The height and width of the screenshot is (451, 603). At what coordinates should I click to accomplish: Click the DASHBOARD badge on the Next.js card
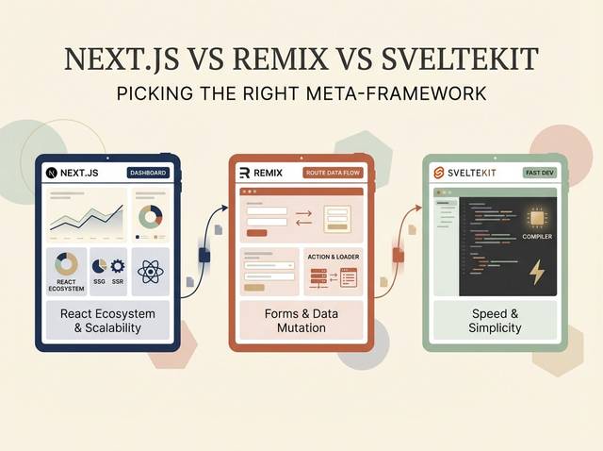148,173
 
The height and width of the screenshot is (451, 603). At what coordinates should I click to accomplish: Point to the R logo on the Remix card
244,173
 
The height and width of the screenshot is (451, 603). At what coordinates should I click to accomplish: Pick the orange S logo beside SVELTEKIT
438,173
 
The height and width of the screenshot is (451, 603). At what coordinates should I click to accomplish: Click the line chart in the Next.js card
87,216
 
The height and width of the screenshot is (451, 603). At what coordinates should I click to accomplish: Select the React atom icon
151,272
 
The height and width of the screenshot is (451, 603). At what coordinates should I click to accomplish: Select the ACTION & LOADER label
334,257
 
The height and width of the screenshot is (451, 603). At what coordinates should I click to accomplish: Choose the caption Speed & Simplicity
495,320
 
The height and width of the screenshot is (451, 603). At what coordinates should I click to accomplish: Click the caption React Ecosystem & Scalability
107,320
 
